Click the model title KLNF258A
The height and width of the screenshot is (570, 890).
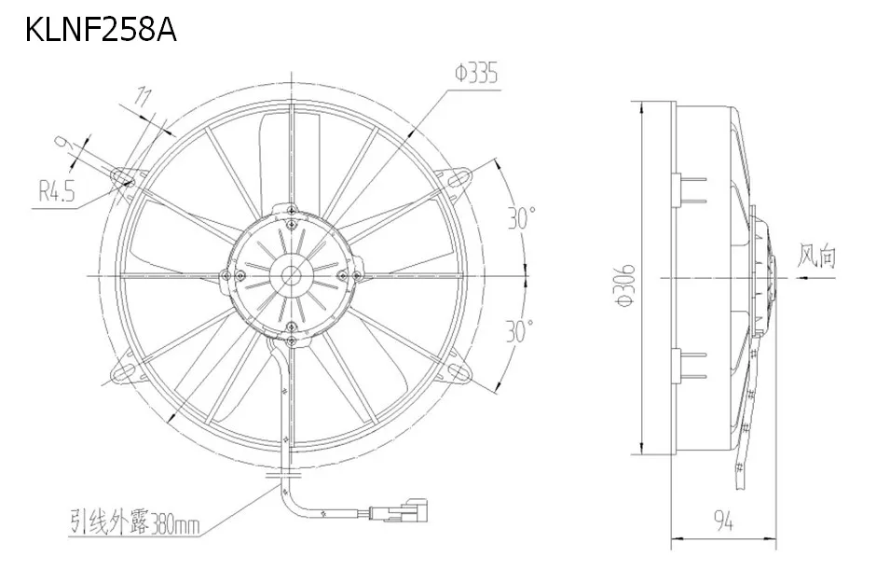pyautogui.click(x=101, y=30)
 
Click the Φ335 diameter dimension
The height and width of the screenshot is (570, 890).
pyautogui.click(x=475, y=74)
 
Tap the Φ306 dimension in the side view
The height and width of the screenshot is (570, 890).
pyautogui.click(x=625, y=285)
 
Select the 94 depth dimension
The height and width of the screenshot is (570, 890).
pyautogui.click(x=723, y=521)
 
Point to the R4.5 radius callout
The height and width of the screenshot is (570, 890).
pyautogui.click(x=57, y=191)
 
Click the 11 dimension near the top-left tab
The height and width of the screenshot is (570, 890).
pyautogui.click(x=143, y=97)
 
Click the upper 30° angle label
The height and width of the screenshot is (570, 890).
pyautogui.click(x=521, y=217)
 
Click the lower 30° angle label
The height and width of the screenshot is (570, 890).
pyautogui.click(x=520, y=331)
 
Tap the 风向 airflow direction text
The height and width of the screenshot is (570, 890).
pyautogui.click(x=816, y=256)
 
